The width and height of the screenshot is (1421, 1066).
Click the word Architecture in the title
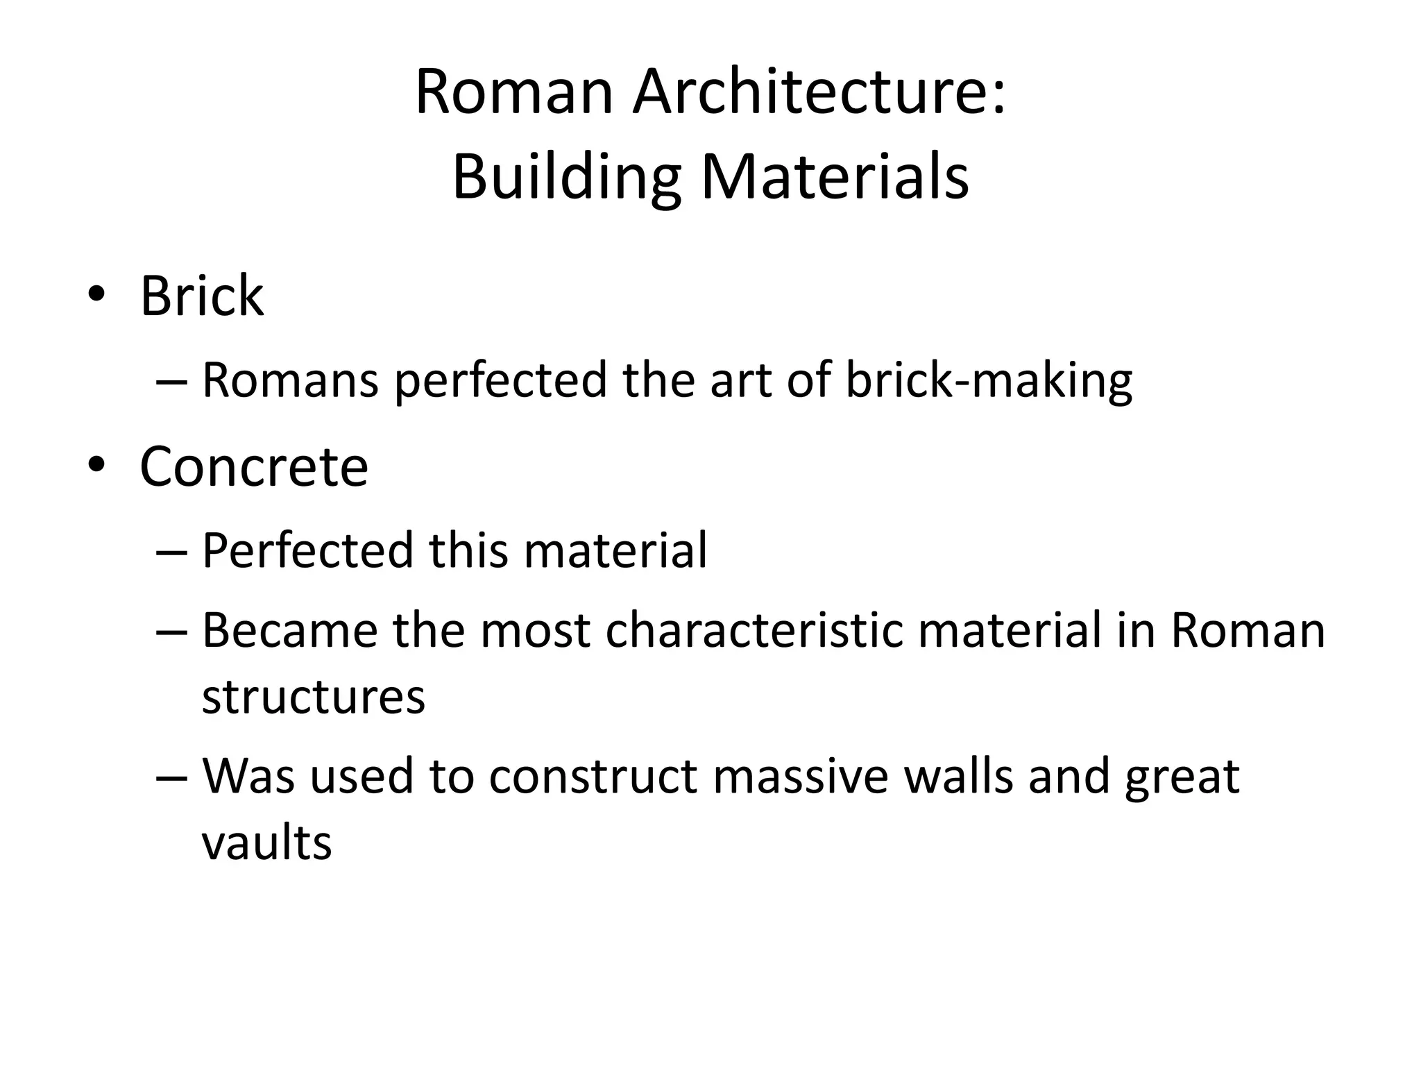coord(819,92)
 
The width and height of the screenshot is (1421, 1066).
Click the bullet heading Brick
coord(202,296)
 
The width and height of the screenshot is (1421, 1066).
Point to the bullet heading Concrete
coord(254,467)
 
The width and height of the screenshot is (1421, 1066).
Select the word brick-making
coord(989,381)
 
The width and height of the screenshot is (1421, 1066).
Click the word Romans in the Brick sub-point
coord(290,381)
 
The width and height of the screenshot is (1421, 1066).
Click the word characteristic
coord(754,631)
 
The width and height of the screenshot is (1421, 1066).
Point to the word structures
coord(313,697)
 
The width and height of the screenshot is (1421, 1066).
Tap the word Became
coord(289,631)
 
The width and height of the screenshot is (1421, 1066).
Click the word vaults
coord(266,843)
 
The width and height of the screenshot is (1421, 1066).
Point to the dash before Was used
coord(172,777)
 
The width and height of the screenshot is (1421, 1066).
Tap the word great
coord(1182,777)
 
